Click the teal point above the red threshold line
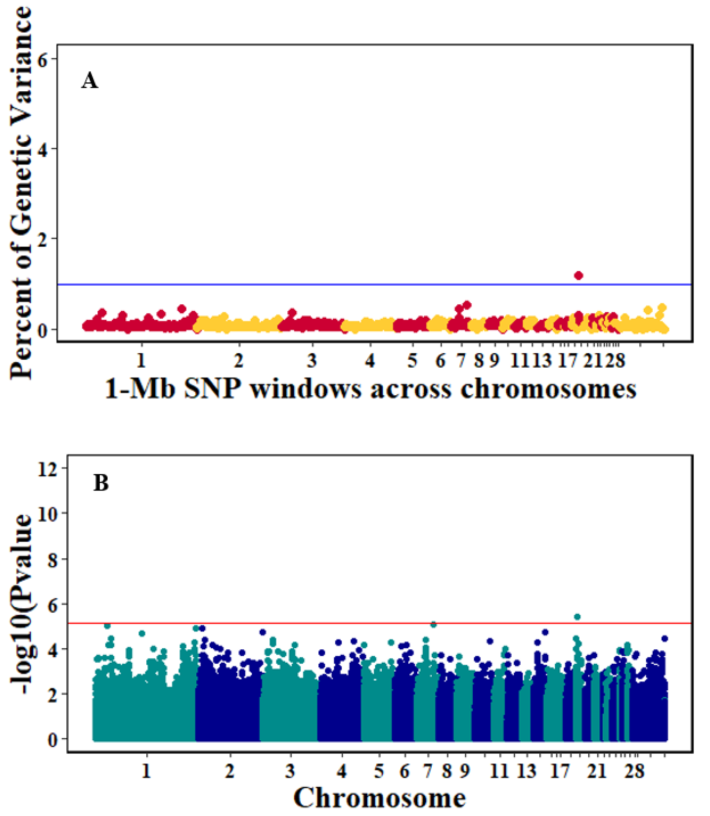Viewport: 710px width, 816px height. pos(577,617)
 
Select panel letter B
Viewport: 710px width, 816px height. pos(101,483)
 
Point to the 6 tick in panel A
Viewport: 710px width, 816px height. pos(43,59)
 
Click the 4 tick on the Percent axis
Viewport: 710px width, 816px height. pos(43,149)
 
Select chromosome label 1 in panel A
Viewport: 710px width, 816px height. pos(141,361)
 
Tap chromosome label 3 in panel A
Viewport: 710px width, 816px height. pos(312,361)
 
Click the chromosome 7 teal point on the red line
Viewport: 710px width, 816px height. pos(433,625)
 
